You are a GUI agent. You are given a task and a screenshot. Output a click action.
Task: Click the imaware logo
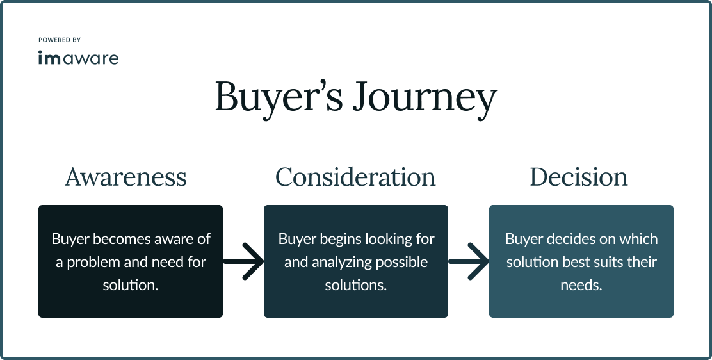point(78,58)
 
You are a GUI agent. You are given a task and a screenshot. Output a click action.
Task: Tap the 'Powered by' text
point(60,40)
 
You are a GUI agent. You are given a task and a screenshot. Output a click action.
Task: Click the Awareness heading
point(125,177)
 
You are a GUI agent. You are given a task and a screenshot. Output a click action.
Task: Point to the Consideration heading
point(355,177)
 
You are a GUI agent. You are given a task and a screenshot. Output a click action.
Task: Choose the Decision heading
point(579,177)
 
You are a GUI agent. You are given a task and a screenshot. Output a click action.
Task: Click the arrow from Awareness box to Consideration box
point(244,261)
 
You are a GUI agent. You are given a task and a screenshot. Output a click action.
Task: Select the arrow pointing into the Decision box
point(469,261)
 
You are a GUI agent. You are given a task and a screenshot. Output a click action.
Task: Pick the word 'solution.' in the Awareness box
point(131,285)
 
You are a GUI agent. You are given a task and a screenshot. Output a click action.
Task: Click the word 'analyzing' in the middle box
point(337,262)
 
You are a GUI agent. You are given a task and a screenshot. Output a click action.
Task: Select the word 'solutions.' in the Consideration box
point(356,285)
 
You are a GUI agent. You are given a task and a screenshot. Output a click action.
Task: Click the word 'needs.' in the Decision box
point(581,285)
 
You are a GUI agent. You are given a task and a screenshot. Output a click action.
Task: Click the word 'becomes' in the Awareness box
point(118,239)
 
